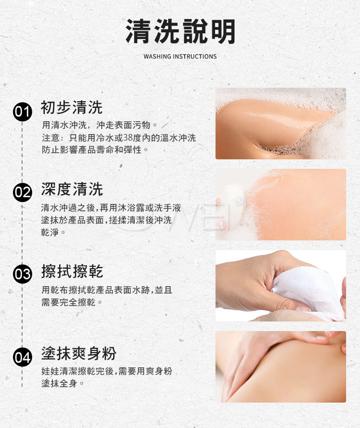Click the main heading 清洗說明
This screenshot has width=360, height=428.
181,31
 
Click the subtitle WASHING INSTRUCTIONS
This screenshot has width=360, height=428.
180,57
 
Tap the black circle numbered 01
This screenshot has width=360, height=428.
23,111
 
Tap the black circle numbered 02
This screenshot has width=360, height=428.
23,192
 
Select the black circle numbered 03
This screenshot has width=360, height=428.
23,274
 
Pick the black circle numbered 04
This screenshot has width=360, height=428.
23,357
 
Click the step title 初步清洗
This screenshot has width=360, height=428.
71,107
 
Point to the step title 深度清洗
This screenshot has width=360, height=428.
72,189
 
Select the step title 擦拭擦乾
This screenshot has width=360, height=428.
72,271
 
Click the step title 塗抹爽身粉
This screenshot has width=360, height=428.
79,353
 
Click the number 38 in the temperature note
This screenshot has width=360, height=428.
128,138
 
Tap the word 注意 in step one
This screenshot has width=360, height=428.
51,138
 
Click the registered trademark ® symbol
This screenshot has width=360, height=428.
239,200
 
